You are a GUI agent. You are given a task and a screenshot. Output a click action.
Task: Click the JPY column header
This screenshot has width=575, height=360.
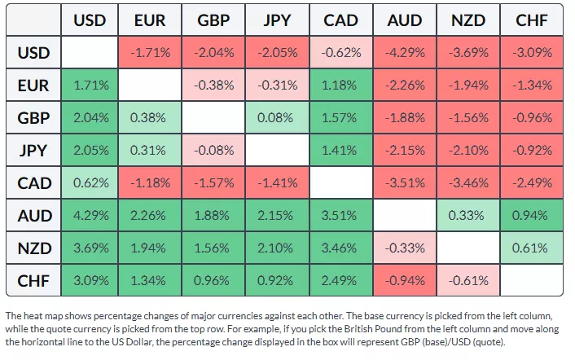pos(278,20)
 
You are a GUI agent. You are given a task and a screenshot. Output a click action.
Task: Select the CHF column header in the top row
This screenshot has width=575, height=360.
pos(531,20)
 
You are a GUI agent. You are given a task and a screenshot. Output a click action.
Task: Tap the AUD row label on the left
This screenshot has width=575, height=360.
pos(34,216)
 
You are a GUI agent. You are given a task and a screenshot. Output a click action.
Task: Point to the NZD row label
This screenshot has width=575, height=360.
pos(34,248)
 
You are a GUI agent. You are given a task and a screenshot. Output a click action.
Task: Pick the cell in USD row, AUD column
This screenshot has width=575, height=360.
pos(404,53)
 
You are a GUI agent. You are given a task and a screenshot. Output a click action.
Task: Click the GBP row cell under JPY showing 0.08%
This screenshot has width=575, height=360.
pos(278,118)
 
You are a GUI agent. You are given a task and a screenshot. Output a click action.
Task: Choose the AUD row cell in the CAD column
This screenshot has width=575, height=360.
pos(340,216)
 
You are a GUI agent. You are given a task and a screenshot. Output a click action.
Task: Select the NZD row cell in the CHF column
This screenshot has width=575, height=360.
pos(531,248)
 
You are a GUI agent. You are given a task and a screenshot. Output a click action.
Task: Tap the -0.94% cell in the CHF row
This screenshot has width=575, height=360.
pos(404,281)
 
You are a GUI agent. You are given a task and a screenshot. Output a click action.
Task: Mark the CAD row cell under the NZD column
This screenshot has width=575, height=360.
pos(467,183)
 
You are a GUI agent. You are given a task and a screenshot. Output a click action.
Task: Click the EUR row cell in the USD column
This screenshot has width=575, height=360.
pos(89,86)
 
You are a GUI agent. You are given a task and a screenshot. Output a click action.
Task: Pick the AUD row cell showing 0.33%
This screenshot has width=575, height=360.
pos(467,216)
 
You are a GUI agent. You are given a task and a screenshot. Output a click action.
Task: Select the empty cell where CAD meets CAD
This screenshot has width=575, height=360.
pos(340,183)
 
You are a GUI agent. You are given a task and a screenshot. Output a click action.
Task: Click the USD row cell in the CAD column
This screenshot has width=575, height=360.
pos(340,53)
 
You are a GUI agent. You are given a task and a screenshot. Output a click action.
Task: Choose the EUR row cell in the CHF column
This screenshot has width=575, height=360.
pos(531,86)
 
